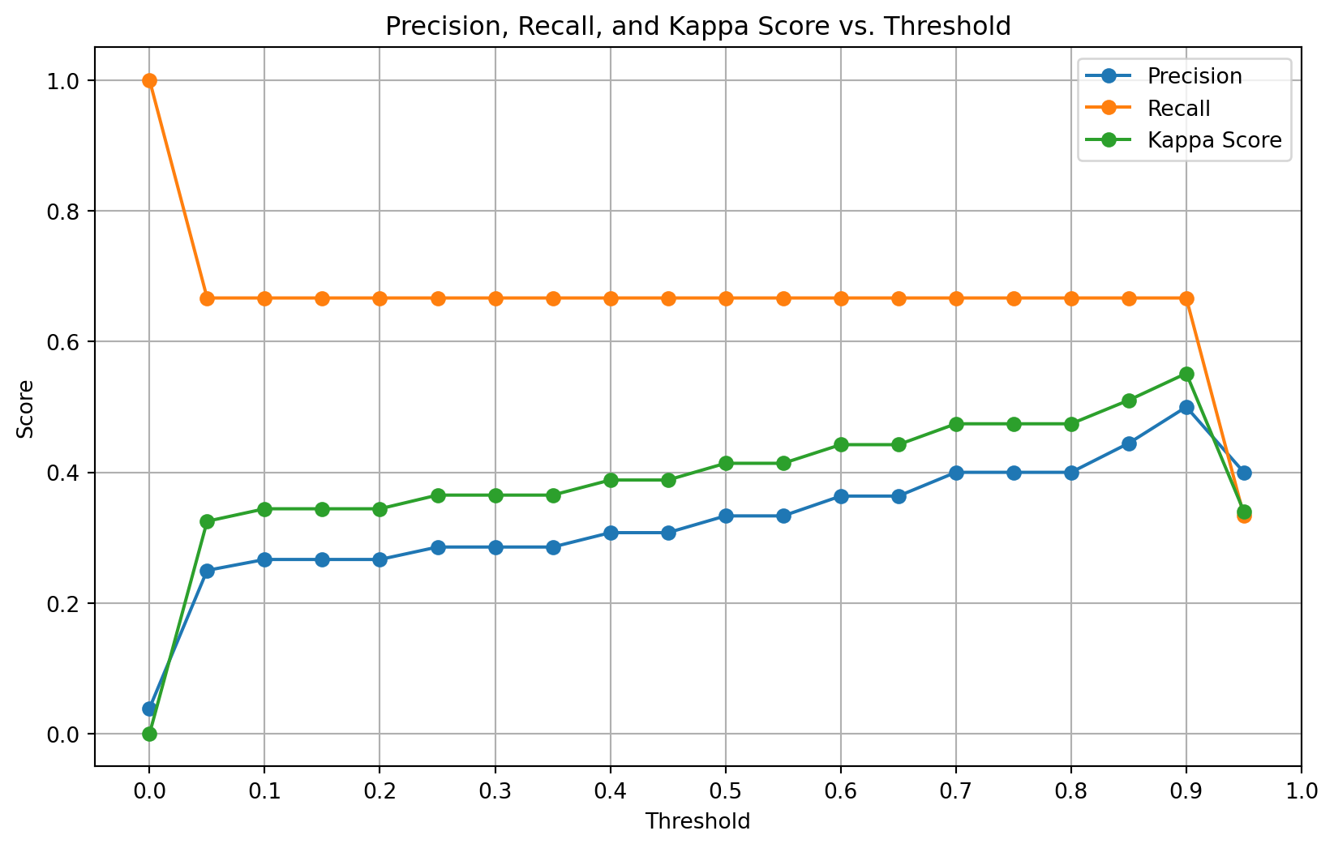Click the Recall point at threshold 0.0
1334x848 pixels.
click(149, 80)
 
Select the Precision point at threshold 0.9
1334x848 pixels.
click(1186, 407)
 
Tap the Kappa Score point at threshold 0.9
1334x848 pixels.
click(1186, 374)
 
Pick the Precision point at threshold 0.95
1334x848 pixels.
click(1244, 473)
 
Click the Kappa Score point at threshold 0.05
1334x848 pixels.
click(207, 521)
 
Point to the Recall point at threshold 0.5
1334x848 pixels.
click(726, 298)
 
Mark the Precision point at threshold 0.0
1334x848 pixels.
click(149, 709)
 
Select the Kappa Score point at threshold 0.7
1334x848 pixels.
click(956, 424)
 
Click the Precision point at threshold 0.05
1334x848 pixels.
click(207, 571)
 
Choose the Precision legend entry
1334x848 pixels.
click(1194, 76)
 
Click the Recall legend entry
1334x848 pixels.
click(1178, 109)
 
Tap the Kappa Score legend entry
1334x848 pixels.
click(1214, 140)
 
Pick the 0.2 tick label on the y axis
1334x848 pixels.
click(70, 603)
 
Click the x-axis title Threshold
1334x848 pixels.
click(697, 821)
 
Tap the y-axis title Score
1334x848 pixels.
click(26, 409)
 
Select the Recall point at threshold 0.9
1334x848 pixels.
click(1186, 298)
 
